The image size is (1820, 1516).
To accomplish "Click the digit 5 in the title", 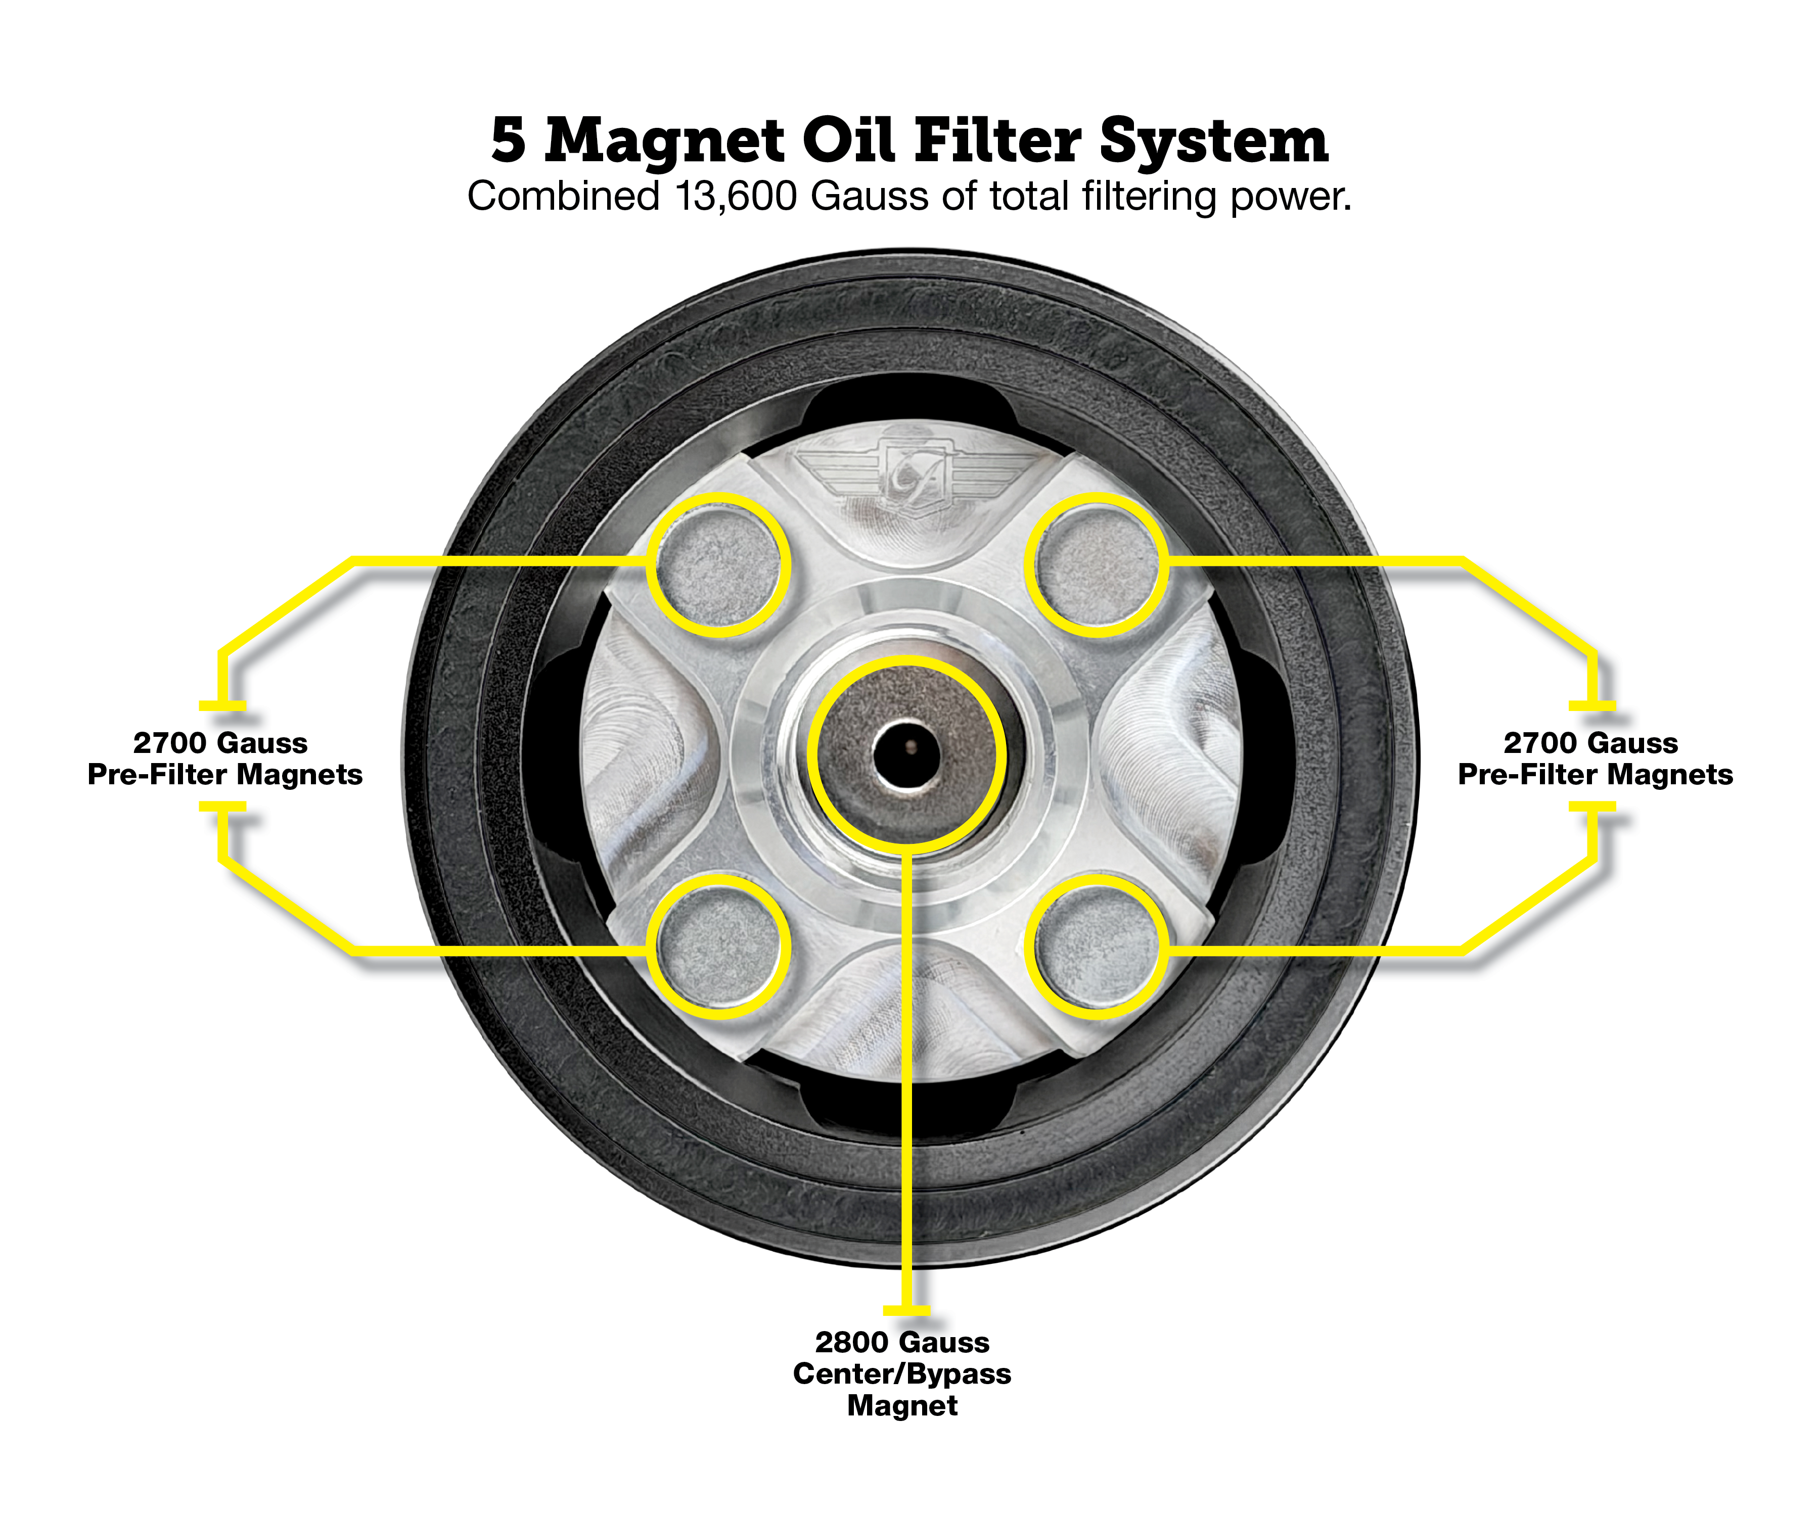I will coord(509,140).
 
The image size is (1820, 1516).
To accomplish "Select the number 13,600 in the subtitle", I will coord(736,197).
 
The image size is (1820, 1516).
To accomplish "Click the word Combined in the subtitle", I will coord(563,197).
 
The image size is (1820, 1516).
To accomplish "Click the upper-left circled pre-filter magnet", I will coord(718,565).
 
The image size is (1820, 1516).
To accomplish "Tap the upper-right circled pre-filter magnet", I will coord(1097,565).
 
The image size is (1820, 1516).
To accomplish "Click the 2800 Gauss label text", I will coord(902,1343).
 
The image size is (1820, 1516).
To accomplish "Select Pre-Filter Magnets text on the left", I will coord(225,775).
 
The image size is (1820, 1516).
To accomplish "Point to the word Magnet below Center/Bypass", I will coord(902,1406).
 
